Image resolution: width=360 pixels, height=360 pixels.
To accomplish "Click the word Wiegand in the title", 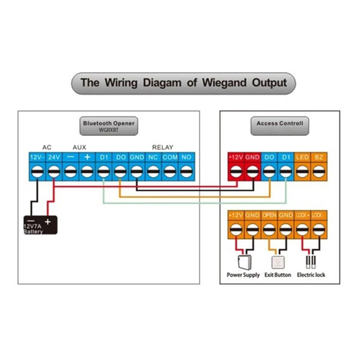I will (224, 83).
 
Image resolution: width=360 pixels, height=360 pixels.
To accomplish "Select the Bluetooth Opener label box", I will (108, 125).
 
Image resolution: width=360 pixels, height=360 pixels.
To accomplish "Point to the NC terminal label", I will (153, 157).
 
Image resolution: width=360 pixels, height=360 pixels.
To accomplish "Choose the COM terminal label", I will (170, 157).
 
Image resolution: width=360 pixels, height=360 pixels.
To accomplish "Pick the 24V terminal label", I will (54, 157).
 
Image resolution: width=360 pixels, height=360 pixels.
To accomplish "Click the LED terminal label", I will (302, 157).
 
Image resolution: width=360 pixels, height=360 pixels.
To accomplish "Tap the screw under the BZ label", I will (319, 171).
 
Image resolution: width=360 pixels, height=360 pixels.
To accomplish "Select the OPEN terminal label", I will (269, 216).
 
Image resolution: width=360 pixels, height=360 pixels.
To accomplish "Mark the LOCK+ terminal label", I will (302, 216).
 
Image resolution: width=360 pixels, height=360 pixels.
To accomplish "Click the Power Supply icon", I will (243, 261).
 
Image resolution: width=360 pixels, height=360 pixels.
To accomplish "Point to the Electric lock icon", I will (310, 262).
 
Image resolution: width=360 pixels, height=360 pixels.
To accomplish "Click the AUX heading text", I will (79, 147).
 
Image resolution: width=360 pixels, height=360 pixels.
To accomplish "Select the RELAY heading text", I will (162, 147).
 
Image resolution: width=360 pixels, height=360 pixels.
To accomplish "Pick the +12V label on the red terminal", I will (236, 157).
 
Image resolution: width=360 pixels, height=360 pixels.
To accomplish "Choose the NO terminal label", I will (186, 157).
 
